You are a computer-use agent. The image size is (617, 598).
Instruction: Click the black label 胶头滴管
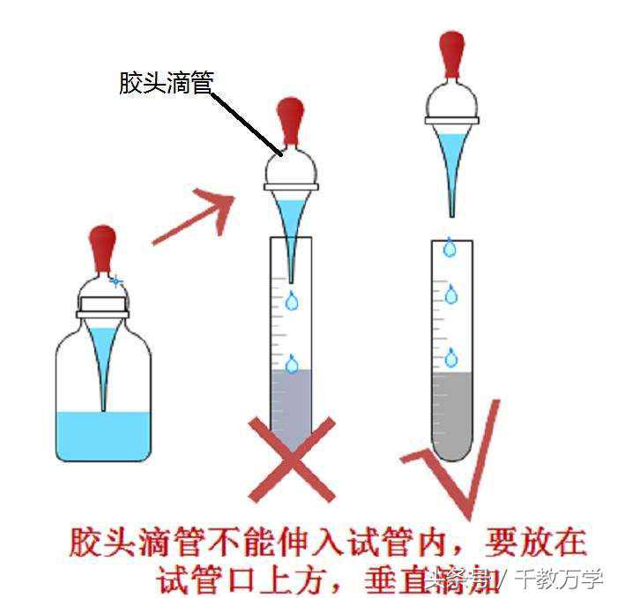pos(167,83)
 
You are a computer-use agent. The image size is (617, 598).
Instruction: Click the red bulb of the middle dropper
pos(290,122)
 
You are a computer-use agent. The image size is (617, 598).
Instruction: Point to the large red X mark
pos(292,459)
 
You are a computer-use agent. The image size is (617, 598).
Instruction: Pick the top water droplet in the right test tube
pos(450,248)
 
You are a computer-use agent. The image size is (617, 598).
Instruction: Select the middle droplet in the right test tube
pos(451,295)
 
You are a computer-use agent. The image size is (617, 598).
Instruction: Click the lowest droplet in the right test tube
pos(451,357)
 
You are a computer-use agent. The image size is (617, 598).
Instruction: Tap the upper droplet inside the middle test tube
pos(292,302)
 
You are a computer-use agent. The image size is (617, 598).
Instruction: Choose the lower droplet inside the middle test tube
pos(292,363)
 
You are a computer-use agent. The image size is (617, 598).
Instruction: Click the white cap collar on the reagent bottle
pos(103,308)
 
